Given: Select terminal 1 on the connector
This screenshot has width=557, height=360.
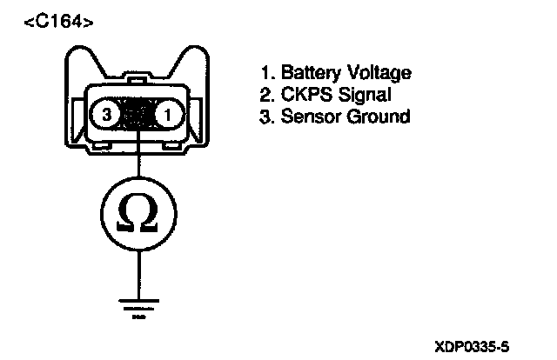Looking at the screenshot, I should pos(169,114).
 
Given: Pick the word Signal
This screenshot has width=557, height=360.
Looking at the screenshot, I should pos(359,95).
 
